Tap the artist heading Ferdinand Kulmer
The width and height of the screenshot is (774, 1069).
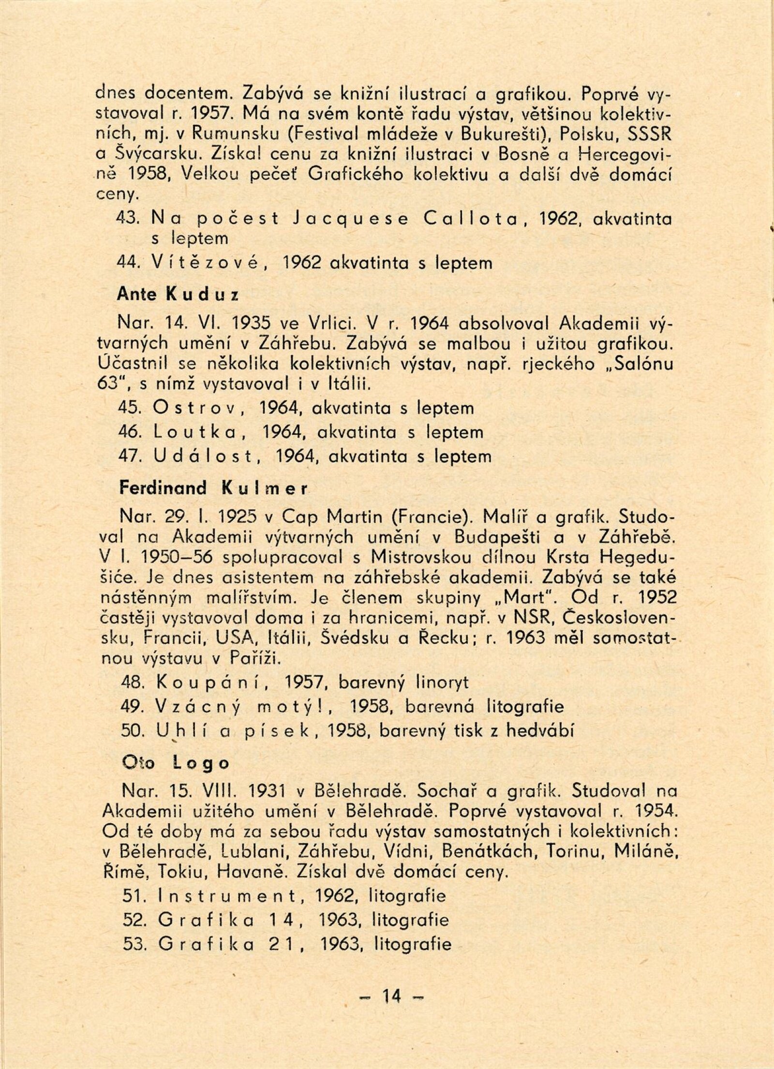213,488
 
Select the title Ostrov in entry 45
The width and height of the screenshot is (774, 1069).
196,408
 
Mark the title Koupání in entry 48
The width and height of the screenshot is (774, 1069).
215,682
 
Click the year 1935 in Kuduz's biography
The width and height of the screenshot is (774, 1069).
251,322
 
